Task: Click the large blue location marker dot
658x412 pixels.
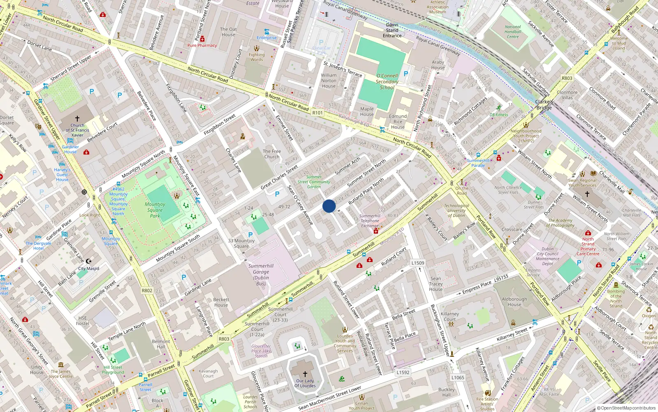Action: pyautogui.click(x=329, y=206)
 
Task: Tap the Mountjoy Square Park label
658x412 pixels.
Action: pyautogui.click(x=155, y=210)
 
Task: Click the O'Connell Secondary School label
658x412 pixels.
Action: pyautogui.click(x=387, y=82)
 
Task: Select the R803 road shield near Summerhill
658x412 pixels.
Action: pyautogui.click(x=224, y=339)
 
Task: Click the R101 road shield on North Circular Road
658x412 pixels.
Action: pyautogui.click(x=317, y=112)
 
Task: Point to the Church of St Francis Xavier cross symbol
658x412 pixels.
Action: pyautogui.click(x=77, y=119)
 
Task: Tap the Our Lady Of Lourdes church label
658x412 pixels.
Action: pyautogui.click(x=305, y=383)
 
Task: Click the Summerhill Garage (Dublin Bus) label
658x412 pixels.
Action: pyautogui.click(x=261, y=274)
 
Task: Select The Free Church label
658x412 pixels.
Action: pyautogui.click(x=272, y=154)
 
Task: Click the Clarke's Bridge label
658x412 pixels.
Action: pyautogui.click(x=544, y=105)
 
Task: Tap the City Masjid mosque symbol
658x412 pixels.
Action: pyautogui.click(x=88, y=261)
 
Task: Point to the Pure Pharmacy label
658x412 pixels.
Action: pyautogui.click(x=202, y=45)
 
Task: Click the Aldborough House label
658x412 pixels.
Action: pyautogui.click(x=514, y=302)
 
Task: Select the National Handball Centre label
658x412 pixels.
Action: pyautogui.click(x=513, y=32)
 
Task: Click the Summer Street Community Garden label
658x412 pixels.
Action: pyautogui.click(x=314, y=182)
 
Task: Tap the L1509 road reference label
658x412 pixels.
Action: pyautogui.click(x=417, y=263)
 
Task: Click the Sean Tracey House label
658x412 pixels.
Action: pyautogui.click(x=436, y=284)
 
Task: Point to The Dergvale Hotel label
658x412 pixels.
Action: pyautogui.click(x=38, y=246)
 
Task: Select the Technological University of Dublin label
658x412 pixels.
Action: pyautogui.click(x=456, y=210)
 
